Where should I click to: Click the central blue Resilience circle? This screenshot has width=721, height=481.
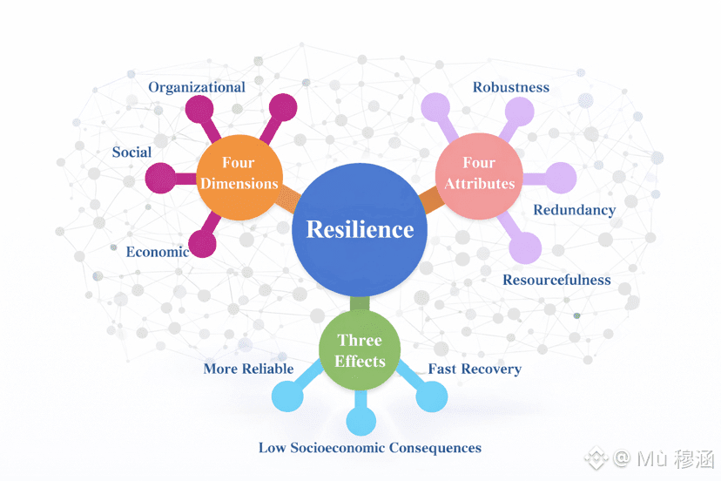(x=360, y=229)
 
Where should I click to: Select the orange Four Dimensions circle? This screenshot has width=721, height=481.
(x=238, y=173)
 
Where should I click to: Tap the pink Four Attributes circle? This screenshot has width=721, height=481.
(x=478, y=173)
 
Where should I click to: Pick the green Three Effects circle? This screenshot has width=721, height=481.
(x=360, y=349)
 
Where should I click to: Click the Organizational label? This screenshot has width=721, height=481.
(x=197, y=87)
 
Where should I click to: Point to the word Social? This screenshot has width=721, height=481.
(x=131, y=152)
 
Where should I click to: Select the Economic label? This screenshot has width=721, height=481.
(x=157, y=252)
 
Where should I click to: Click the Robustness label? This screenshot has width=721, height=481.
(x=511, y=87)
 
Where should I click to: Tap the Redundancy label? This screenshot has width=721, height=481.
(x=574, y=210)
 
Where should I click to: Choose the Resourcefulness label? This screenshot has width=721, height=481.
(x=556, y=280)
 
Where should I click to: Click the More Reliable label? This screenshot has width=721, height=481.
(x=248, y=369)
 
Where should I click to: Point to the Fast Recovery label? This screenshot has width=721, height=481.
(x=475, y=369)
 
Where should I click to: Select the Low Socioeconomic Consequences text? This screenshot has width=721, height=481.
(x=369, y=448)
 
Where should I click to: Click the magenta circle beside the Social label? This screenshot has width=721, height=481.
(x=161, y=178)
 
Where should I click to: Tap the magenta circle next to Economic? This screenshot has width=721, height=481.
(x=203, y=243)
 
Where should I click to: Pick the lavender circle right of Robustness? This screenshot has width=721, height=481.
(x=520, y=112)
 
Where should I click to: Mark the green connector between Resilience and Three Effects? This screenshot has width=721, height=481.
(x=359, y=304)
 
